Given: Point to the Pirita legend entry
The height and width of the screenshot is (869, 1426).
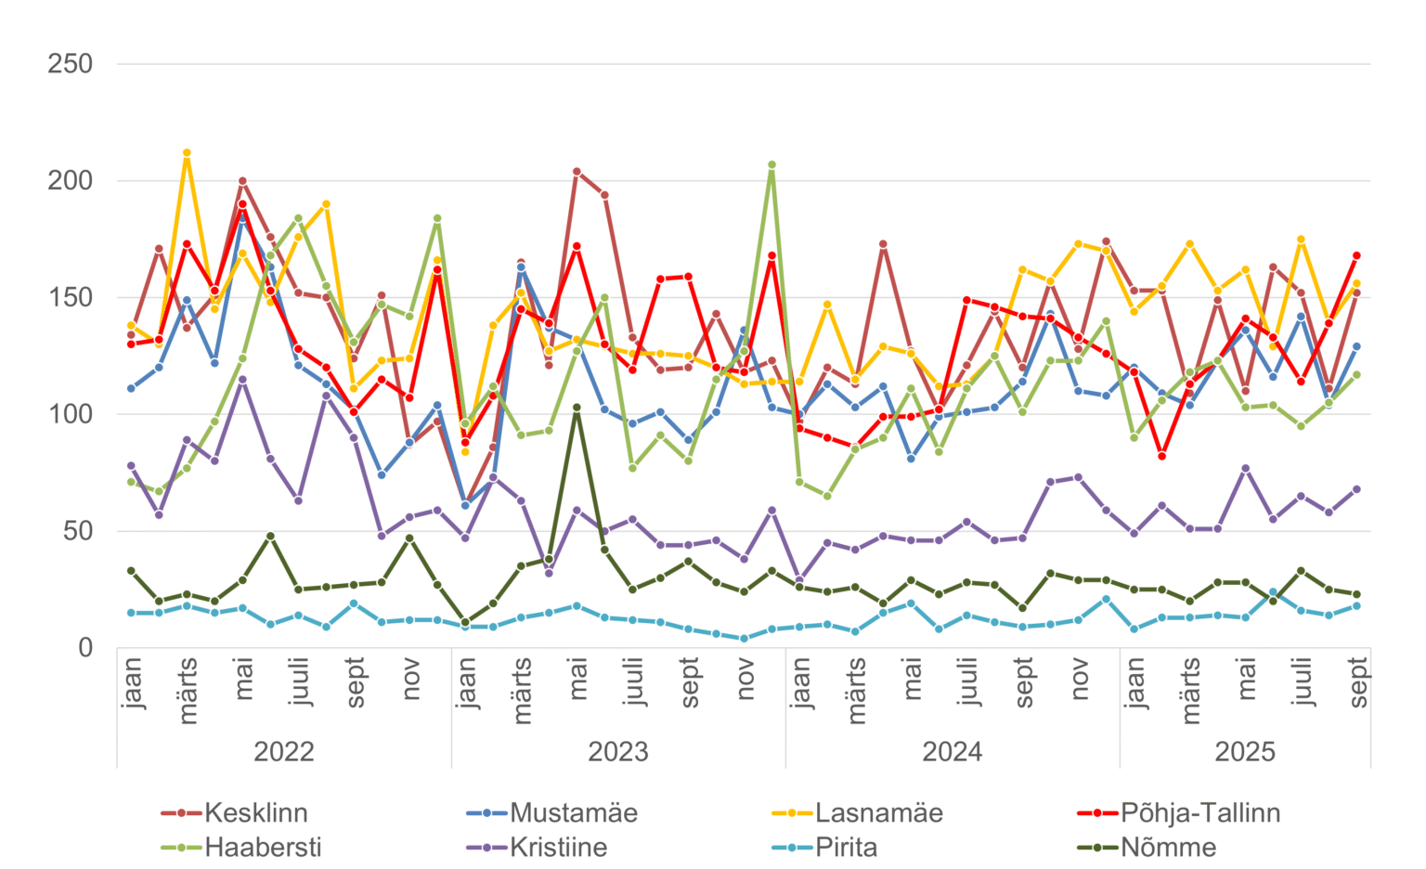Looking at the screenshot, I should click(x=846, y=848).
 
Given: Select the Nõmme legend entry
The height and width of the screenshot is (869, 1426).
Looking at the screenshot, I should click(x=1168, y=848).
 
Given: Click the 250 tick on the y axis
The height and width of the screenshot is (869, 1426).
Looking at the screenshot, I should click(x=71, y=64).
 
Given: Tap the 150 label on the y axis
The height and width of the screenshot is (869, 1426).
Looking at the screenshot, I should click(x=71, y=298).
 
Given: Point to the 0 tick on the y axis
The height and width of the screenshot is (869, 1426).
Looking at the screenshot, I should click(x=84, y=648).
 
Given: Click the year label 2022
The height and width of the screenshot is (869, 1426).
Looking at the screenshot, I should click(x=284, y=751).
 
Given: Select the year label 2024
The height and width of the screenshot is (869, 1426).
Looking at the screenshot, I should click(x=953, y=751).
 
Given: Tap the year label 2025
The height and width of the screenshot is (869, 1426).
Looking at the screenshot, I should click(x=1245, y=751).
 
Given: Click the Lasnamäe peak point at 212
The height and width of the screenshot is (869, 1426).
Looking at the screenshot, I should click(x=187, y=152).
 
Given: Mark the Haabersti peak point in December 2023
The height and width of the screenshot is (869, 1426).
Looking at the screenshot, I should click(x=771, y=164).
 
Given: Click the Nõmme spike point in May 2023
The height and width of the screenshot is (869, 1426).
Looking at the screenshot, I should click(x=577, y=408).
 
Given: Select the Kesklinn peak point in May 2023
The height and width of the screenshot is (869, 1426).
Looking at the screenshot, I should click(x=577, y=172).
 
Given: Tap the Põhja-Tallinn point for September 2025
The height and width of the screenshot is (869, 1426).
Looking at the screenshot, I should click(x=1356, y=255).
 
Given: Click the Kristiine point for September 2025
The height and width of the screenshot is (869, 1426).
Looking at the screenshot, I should click(x=1356, y=489).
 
